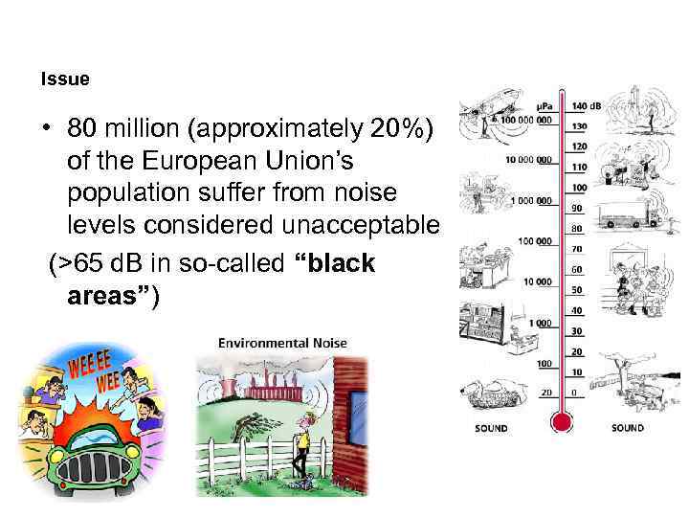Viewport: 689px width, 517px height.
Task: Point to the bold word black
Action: point(335,263)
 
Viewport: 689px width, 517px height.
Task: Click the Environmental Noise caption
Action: point(282,343)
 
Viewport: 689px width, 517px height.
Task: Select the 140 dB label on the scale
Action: point(586,105)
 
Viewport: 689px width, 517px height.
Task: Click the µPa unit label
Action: point(545,105)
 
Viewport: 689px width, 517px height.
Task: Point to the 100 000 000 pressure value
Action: point(523,121)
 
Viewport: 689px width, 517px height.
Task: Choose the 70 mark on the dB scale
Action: point(578,249)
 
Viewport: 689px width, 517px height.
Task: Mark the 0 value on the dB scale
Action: point(574,393)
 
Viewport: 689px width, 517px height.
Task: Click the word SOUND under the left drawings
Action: point(492,428)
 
